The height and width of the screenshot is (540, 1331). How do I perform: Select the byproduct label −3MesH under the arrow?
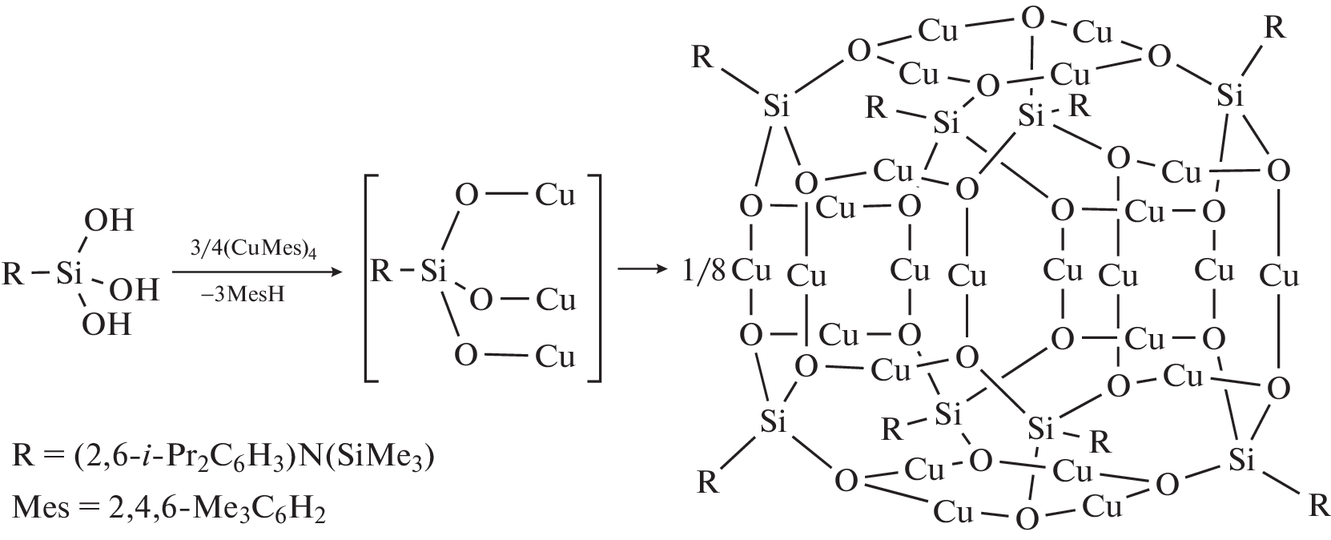(243, 294)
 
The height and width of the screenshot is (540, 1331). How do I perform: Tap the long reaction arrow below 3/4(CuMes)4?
(258, 272)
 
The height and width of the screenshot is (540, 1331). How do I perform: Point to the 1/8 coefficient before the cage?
(703, 271)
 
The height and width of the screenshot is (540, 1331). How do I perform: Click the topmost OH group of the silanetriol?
(109, 220)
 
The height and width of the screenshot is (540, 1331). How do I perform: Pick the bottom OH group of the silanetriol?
(107, 324)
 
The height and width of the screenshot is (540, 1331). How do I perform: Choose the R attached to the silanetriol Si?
(13, 274)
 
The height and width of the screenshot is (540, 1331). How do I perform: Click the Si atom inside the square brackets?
(433, 271)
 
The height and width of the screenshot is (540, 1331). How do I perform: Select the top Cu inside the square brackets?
(556, 195)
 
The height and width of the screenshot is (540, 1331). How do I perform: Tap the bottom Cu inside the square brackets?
(556, 356)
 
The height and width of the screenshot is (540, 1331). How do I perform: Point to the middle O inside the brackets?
(481, 301)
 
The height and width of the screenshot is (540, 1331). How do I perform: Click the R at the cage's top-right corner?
(1275, 28)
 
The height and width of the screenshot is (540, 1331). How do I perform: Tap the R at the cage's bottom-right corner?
(1318, 506)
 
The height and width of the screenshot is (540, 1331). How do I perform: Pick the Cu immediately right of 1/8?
(751, 271)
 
